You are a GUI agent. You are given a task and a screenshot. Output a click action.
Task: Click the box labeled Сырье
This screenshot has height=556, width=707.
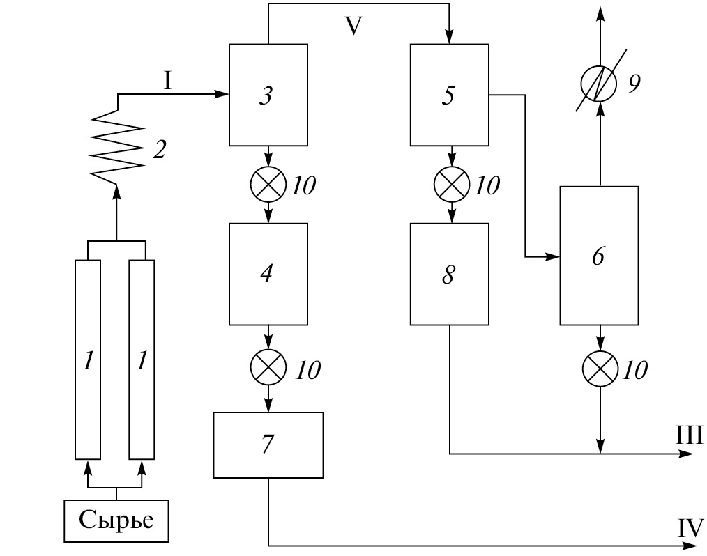[116, 520]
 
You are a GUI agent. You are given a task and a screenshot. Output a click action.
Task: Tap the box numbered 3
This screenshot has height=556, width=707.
[268, 95]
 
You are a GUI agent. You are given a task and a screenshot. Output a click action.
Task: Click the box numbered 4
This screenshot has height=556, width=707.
[268, 274]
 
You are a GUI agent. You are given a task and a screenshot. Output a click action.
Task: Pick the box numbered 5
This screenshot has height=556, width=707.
[449, 95]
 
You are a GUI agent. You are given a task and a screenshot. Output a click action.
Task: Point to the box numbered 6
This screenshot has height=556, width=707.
[599, 256]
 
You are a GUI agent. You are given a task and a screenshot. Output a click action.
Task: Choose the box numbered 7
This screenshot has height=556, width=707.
[268, 445]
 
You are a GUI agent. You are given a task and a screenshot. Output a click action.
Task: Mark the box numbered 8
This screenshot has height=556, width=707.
[449, 274]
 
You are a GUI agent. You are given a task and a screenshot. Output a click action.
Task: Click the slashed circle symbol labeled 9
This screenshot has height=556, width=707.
[599, 82]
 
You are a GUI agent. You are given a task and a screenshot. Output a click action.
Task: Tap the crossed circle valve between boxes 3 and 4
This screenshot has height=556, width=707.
[268, 185]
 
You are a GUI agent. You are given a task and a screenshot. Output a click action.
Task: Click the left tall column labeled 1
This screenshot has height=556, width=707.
[87, 360]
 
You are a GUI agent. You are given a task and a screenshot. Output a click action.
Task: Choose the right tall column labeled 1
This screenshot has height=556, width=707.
[142, 360]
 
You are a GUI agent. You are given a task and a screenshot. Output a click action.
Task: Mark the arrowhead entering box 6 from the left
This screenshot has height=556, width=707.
[555, 257]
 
